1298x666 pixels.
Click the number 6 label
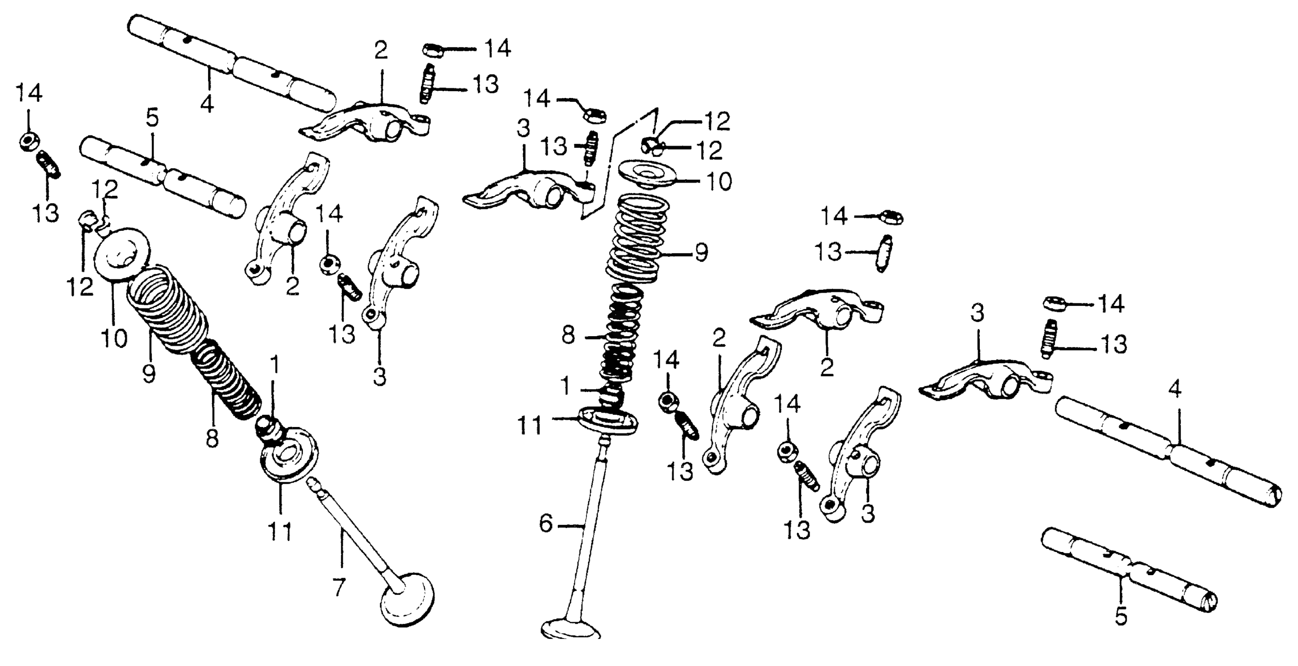pos(546,523)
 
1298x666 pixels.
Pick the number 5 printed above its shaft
pos(152,118)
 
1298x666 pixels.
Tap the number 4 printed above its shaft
pos(1175,389)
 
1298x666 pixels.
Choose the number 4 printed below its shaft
pos(207,104)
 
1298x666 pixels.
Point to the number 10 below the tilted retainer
pos(114,338)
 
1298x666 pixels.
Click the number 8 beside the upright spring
pos(568,335)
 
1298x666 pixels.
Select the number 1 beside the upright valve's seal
pos(566,387)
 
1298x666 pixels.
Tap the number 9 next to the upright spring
pos(701,252)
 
